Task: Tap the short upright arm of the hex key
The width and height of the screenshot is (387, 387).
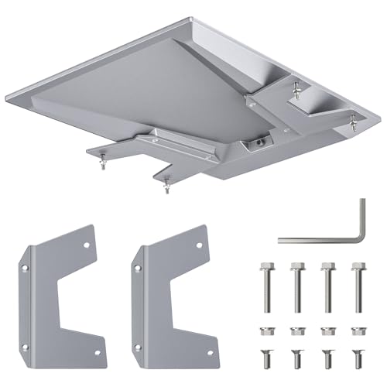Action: click(360, 221)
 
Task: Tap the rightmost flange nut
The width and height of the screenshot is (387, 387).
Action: click(357, 330)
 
